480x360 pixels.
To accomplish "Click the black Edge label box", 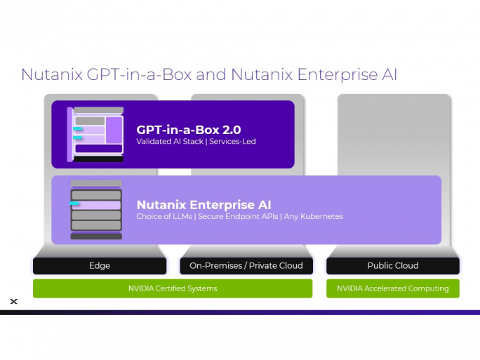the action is [x=100, y=266].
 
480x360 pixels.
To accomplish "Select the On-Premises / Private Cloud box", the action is [x=246, y=266].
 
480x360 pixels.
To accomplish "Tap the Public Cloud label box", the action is [x=393, y=266].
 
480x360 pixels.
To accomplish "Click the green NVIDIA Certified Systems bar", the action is [x=173, y=288].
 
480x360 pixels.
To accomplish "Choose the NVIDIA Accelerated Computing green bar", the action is [x=393, y=288].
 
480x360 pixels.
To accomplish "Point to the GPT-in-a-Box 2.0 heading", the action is [x=189, y=130].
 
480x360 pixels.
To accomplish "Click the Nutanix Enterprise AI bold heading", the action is [x=204, y=204].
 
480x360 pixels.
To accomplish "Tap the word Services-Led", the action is [x=232, y=142].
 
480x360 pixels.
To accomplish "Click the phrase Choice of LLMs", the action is [x=164, y=216].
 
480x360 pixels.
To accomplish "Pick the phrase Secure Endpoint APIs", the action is [x=238, y=216].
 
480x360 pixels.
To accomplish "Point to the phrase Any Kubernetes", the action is [x=314, y=216].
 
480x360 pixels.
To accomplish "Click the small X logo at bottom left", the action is [x=14, y=302].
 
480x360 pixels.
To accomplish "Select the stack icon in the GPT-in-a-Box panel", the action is [x=95, y=135].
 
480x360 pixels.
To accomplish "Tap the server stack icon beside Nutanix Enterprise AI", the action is [x=96, y=210].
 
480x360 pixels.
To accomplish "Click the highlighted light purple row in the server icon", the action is [x=96, y=205].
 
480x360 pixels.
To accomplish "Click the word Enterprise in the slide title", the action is [x=338, y=75].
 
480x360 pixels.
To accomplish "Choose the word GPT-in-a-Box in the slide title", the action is [x=139, y=74].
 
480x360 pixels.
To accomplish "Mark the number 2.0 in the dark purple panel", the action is [x=232, y=130].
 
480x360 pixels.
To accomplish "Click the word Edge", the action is [x=100, y=266].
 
